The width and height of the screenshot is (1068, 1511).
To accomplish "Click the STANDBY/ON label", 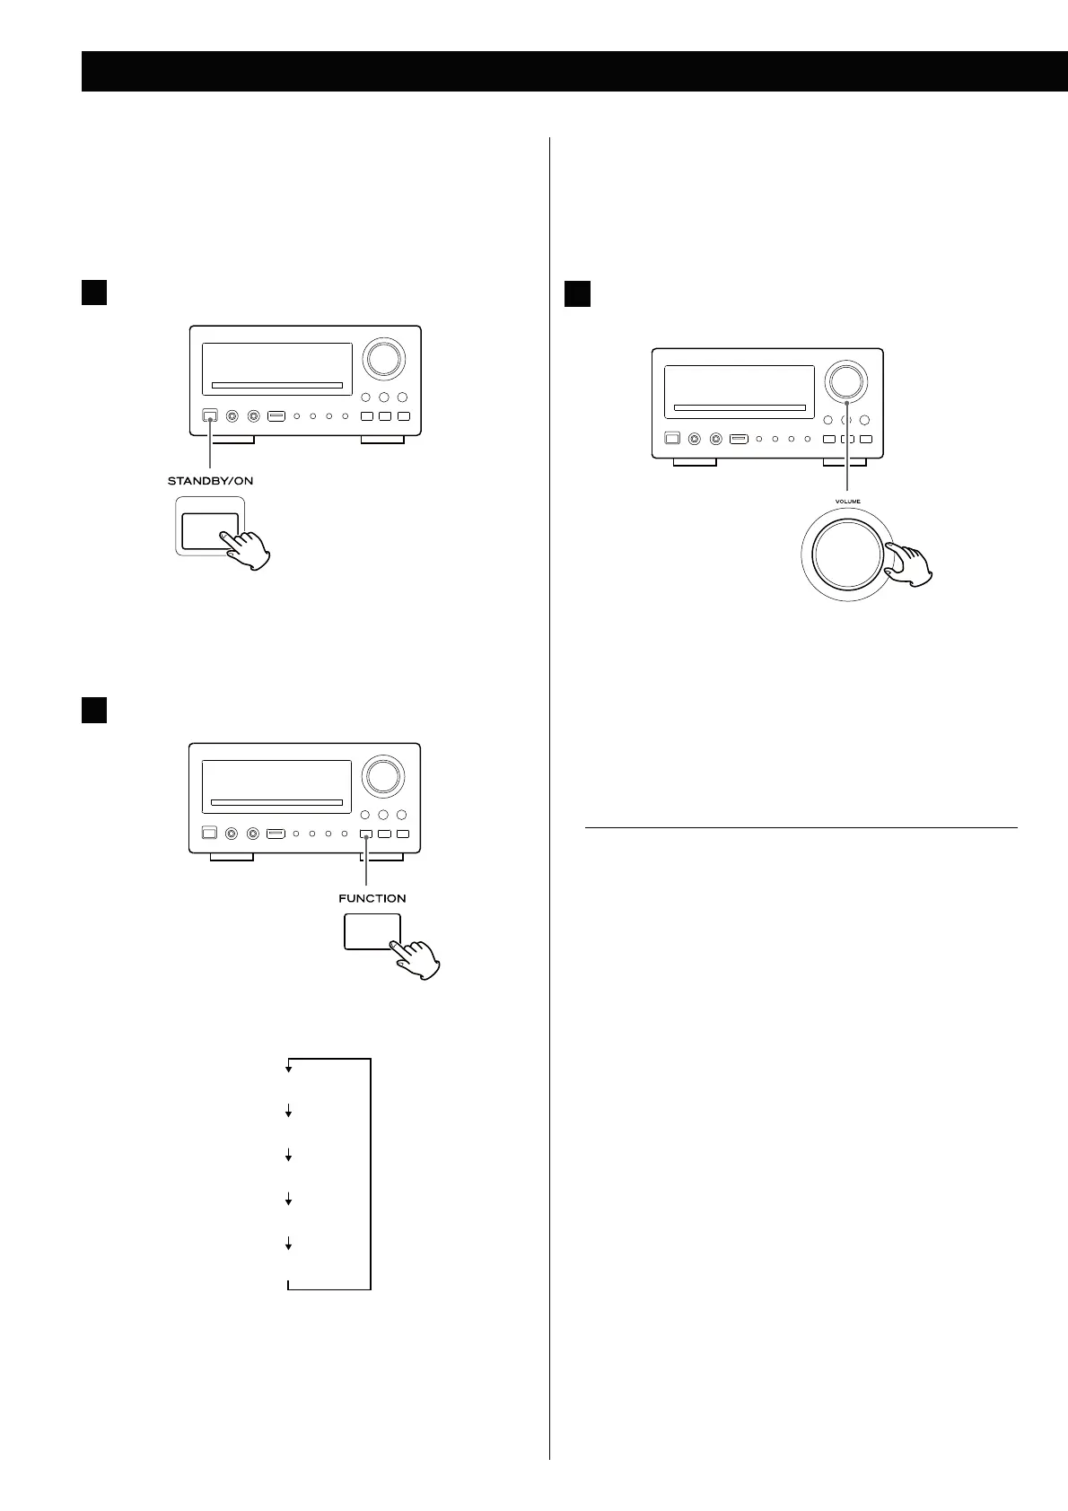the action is [210, 481].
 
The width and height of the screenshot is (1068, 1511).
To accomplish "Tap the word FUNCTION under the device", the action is [372, 898].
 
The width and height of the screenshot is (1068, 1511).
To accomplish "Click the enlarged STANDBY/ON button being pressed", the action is [210, 531].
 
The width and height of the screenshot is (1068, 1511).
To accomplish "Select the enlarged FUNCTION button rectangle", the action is [372, 931].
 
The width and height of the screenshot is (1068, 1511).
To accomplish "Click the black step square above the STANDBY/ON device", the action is [95, 293].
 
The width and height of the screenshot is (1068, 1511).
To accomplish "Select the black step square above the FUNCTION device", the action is [95, 710].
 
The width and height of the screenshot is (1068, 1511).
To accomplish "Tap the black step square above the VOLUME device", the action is [577, 293].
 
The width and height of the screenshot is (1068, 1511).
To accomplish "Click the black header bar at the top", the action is [574, 72].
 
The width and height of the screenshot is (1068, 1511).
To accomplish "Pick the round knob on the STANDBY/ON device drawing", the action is [383, 360].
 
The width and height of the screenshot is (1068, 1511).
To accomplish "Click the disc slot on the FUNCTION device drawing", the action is [277, 802].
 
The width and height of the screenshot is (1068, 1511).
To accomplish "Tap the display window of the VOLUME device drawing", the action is [739, 391].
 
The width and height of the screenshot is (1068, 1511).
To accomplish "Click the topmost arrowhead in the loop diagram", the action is [289, 1069].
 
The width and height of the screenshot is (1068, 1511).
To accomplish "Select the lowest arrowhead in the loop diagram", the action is [289, 1245].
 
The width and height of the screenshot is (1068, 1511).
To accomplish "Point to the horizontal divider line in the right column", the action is [801, 827].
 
